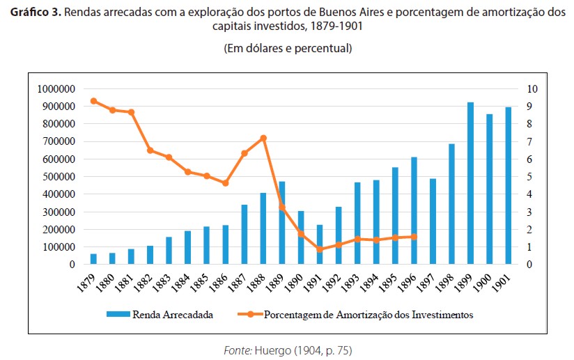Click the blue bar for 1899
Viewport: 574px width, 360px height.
click(470, 184)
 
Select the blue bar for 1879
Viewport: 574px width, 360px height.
click(93, 259)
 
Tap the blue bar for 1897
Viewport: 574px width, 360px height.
click(433, 221)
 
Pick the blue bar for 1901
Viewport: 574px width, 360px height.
click(508, 186)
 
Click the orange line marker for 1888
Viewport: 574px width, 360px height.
click(263, 138)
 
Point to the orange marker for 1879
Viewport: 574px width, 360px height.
click(93, 101)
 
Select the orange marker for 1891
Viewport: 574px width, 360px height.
click(320, 249)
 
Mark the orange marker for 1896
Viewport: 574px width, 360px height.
click(414, 237)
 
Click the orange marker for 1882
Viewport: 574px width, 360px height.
click(150, 150)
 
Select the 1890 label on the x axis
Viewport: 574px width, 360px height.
click(298, 283)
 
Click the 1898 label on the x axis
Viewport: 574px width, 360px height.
click(449, 283)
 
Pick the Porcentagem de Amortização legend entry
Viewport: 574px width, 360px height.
click(369, 315)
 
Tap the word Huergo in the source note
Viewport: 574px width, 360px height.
click(269, 348)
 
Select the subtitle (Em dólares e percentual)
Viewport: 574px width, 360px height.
click(287, 49)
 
